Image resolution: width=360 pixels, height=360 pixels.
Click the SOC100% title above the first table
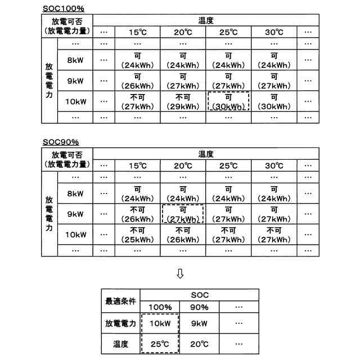click(x=63, y=8)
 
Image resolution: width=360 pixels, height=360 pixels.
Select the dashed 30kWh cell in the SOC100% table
click(x=228, y=101)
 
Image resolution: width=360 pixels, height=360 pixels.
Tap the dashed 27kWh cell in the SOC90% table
click(x=182, y=214)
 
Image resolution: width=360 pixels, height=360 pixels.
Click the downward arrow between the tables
click(x=180, y=273)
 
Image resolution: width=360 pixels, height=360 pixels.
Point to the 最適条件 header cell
click(x=120, y=301)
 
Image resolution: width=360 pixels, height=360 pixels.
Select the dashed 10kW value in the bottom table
click(x=160, y=323)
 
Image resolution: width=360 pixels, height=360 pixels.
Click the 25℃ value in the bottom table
click(x=160, y=344)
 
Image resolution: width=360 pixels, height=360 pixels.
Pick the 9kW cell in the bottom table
click(x=199, y=323)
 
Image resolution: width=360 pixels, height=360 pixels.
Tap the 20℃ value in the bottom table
click(x=199, y=344)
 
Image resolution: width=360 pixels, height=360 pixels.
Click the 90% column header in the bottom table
click(x=199, y=307)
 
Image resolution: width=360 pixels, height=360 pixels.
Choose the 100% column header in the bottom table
click(x=160, y=307)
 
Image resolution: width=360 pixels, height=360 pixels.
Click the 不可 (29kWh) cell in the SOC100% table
click(x=182, y=101)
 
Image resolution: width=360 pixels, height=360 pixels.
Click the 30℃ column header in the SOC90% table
click(x=273, y=166)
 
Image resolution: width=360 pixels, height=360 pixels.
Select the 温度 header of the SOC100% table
click(x=206, y=20)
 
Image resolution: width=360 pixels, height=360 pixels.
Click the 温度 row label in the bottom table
click(x=120, y=344)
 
